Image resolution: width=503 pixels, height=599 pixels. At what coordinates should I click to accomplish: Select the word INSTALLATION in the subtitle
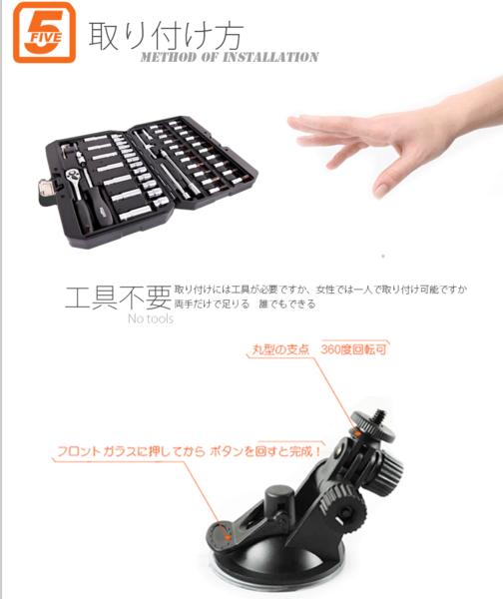[270, 57]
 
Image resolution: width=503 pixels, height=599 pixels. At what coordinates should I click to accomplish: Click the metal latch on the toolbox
[45, 186]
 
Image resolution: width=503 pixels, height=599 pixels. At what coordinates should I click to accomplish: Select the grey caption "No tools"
[150, 318]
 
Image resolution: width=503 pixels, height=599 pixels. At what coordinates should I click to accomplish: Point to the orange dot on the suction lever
[232, 537]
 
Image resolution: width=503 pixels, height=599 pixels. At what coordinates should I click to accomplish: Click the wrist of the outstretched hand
[469, 125]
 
